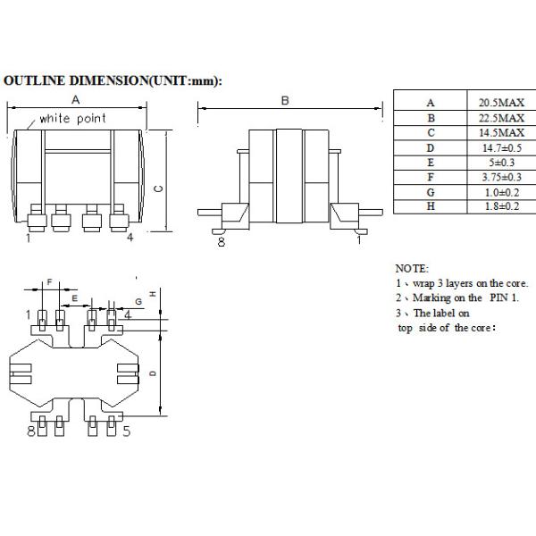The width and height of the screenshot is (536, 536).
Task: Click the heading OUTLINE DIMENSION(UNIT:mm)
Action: [113, 80]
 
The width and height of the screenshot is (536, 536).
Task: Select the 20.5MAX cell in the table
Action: [500, 103]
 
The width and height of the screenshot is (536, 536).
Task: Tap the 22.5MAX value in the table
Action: [500, 118]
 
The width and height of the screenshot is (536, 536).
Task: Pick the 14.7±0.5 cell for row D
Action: [500, 147]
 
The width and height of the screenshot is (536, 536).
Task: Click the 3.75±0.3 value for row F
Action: [500, 177]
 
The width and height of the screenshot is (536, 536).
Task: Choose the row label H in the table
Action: [431, 206]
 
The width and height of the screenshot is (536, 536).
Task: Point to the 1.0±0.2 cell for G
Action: [500, 192]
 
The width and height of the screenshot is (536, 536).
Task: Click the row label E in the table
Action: [431, 163]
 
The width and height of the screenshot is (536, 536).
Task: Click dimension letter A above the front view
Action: [77, 99]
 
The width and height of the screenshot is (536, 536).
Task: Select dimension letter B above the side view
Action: [285, 101]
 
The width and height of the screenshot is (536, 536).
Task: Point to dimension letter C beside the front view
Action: [158, 188]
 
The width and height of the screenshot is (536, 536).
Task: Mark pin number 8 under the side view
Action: [221, 240]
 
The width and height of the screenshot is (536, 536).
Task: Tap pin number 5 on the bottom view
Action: [127, 431]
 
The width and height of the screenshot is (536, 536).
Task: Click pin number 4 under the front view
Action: [130, 238]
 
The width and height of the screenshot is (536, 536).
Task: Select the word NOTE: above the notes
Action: [412, 268]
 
